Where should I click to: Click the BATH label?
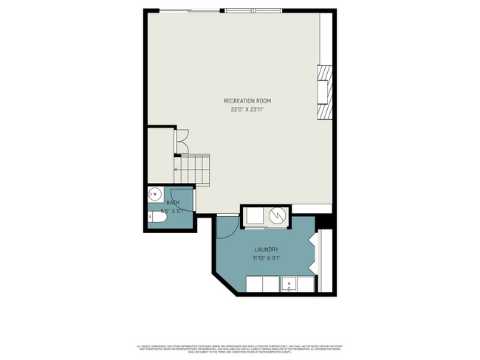point(172,203)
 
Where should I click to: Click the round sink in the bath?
point(155,195)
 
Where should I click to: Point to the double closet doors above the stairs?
point(183,140)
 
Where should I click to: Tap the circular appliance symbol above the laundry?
point(278,215)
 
